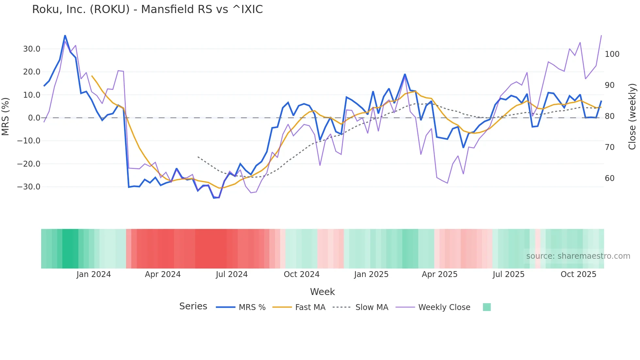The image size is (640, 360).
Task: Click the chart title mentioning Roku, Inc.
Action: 147,9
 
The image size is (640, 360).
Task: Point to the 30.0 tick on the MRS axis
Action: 32,49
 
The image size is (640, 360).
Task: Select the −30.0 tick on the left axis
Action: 29,187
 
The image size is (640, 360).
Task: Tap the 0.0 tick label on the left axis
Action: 34,118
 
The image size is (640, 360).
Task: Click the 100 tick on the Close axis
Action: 612,54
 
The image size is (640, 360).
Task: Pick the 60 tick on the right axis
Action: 610,178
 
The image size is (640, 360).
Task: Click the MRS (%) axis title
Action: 6,117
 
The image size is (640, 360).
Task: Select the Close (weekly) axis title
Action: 632,117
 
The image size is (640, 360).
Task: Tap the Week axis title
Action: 322,292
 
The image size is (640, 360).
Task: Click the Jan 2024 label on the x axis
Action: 93,274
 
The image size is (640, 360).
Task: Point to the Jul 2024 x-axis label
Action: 232,274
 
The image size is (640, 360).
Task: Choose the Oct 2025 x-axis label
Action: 578,274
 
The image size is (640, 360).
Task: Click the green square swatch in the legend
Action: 487,307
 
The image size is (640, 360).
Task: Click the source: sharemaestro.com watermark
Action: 578,256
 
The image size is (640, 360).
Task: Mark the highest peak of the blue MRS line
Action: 65,35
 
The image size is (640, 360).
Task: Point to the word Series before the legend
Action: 193,306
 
